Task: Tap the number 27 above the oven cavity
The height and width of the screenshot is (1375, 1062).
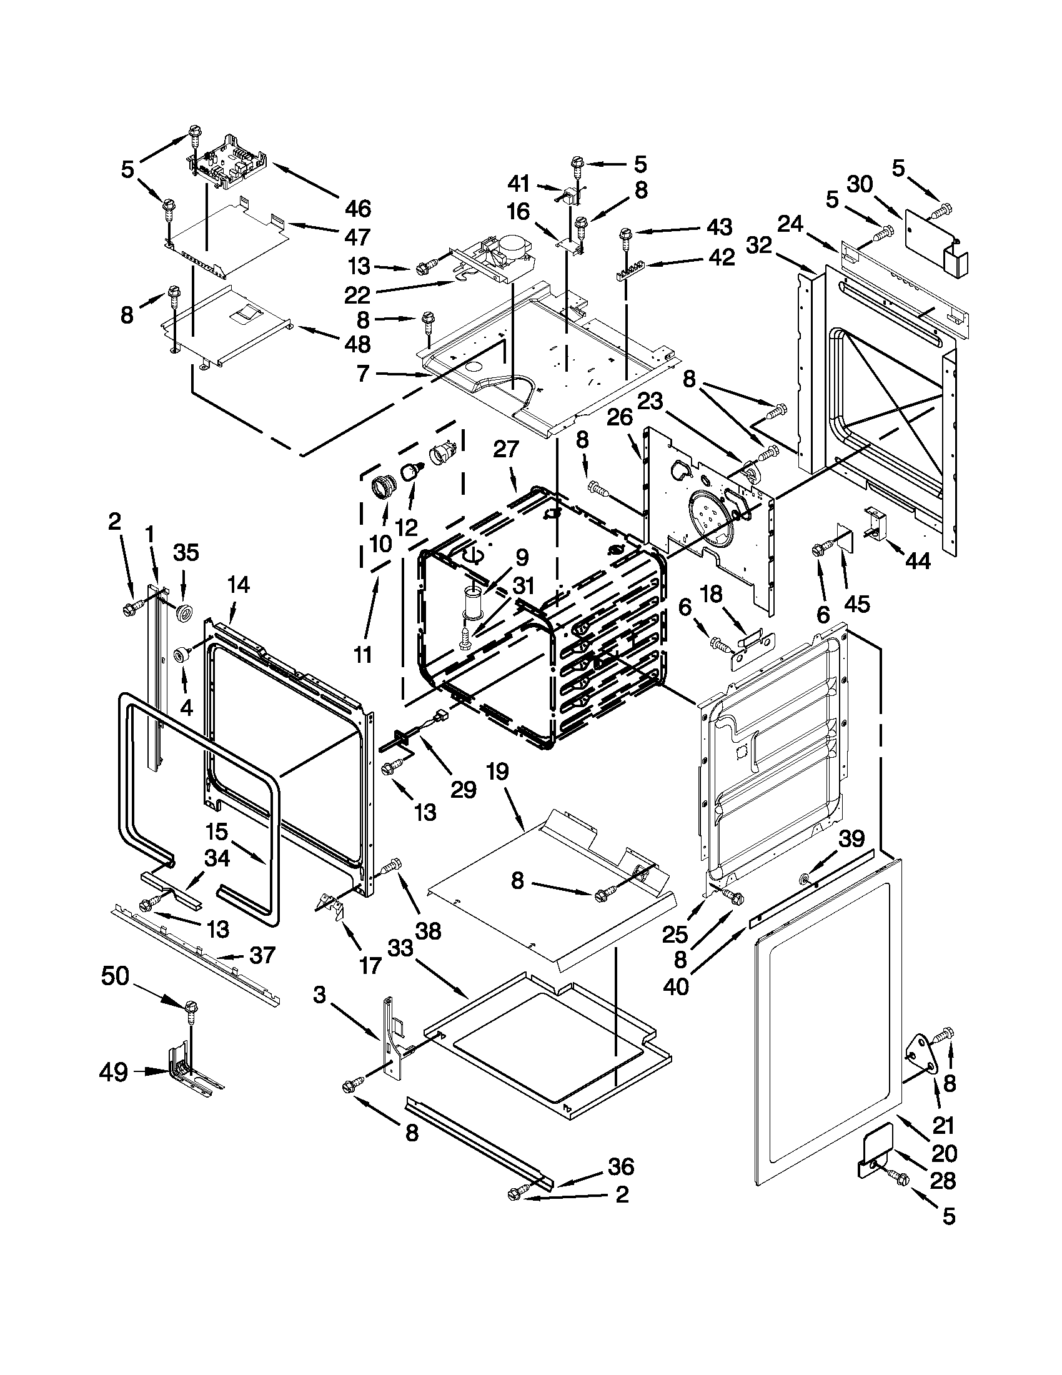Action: (505, 449)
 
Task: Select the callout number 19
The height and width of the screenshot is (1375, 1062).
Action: (497, 772)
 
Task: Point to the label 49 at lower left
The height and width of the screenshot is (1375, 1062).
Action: (114, 1072)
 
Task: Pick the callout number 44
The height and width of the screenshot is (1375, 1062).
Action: (916, 560)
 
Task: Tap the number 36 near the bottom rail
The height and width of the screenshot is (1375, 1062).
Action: (621, 1166)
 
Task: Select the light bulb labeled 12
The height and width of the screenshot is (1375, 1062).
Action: (412, 470)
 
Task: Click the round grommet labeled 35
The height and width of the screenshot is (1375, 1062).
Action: (184, 612)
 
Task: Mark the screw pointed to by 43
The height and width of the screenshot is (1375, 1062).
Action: (626, 236)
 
